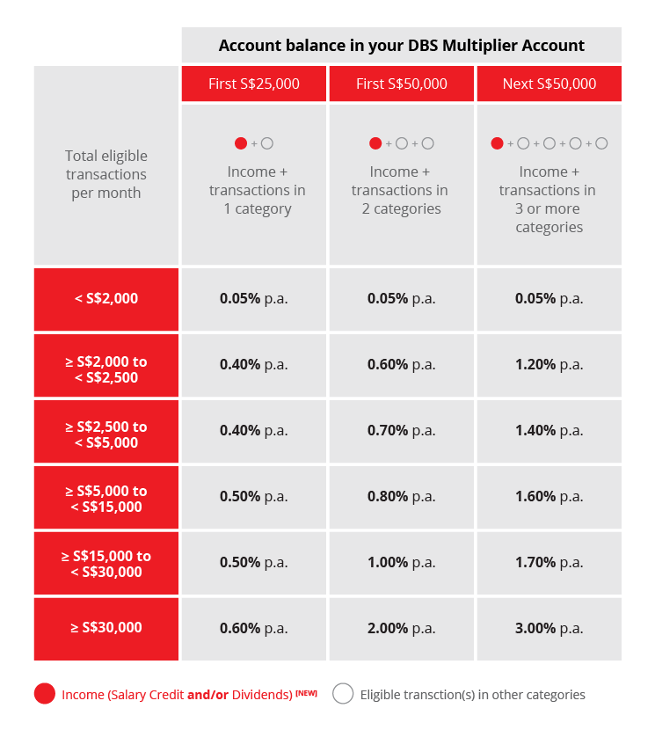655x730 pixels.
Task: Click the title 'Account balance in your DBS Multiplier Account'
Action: click(x=401, y=46)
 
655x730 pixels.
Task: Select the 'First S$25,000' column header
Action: click(x=254, y=84)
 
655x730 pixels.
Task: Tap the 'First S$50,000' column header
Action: click(x=402, y=84)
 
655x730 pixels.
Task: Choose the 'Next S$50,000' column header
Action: click(x=549, y=84)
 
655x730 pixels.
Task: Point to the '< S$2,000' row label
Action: click(x=106, y=298)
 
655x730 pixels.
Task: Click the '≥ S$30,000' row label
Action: click(x=106, y=627)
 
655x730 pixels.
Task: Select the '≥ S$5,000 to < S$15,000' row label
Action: click(x=106, y=499)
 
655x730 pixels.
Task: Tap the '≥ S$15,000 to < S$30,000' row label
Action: click(x=106, y=564)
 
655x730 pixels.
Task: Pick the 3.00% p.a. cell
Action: click(x=549, y=628)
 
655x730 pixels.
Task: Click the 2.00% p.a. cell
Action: click(x=401, y=628)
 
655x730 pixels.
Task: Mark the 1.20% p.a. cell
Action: click(x=549, y=364)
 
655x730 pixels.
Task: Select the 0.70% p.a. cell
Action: click(x=401, y=430)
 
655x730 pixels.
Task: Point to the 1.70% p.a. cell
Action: click(x=549, y=562)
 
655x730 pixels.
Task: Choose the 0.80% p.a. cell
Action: click(x=401, y=496)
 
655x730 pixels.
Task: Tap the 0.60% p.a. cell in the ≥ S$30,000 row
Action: click(x=253, y=628)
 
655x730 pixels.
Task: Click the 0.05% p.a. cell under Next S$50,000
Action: click(x=549, y=298)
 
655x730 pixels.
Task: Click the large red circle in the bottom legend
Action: click(x=45, y=694)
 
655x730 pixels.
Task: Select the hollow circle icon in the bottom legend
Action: click(x=343, y=694)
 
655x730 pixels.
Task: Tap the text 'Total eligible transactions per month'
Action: click(x=106, y=174)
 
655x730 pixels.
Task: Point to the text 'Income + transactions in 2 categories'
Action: click(x=401, y=190)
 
